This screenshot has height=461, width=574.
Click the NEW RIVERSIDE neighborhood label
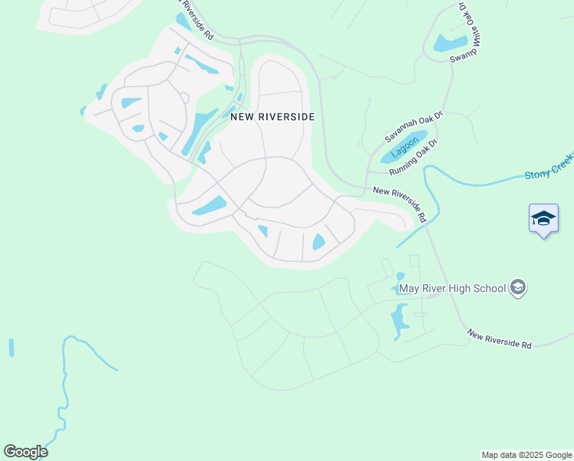[272, 117]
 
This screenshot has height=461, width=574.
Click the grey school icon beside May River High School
[518, 287]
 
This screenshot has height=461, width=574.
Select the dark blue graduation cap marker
[543, 219]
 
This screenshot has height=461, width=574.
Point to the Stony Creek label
[549, 175]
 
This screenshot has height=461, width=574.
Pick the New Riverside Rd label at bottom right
[499, 340]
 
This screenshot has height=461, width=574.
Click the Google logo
[25, 452]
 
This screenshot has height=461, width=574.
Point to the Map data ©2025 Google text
[526, 455]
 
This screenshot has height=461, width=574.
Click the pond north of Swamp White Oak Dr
[450, 43]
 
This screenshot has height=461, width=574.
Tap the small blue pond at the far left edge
[11, 347]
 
